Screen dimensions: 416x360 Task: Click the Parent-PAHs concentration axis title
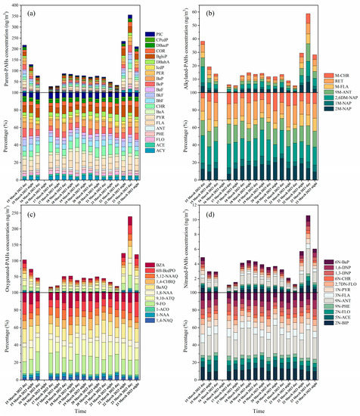tap(8, 45)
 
